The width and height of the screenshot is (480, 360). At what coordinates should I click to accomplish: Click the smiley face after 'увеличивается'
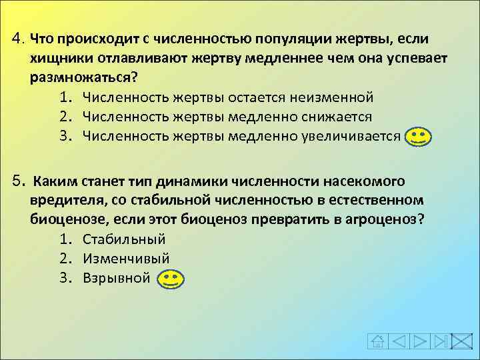pyautogui.click(x=417, y=137)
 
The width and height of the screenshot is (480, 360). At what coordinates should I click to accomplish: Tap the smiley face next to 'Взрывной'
pyautogui.click(x=171, y=278)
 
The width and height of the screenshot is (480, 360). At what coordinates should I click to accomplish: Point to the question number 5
pyautogui.click(x=18, y=181)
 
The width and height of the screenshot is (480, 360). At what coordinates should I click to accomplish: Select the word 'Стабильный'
pyautogui.click(x=124, y=239)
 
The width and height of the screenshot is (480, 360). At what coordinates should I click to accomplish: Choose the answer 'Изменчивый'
pyautogui.click(x=126, y=258)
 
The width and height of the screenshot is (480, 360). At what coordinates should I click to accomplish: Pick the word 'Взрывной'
pyautogui.click(x=117, y=277)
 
